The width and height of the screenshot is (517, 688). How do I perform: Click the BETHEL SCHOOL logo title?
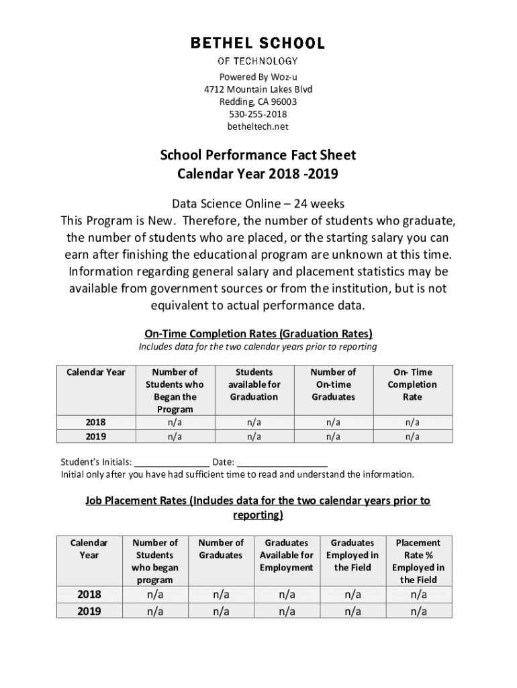click(258, 44)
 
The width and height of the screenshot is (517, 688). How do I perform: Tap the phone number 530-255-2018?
click(258, 114)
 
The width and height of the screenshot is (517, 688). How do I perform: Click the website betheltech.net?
click(258, 126)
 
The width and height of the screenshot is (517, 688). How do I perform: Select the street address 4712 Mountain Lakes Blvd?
click(258, 89)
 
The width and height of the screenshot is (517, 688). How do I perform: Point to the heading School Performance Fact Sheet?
click(258, 155)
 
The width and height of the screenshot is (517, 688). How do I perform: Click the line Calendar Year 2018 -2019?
click(258, 175)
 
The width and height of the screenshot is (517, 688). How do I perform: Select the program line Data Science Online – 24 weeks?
click(258, 204)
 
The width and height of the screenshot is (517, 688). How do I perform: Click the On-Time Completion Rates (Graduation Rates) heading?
click(258, 334)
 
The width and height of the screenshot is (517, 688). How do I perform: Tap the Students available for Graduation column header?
click(254, 384)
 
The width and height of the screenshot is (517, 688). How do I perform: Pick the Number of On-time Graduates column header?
click(333, 384)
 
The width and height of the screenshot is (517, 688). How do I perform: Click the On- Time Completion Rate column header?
click(412, 384)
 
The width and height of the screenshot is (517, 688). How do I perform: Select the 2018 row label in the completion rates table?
click(95, 423)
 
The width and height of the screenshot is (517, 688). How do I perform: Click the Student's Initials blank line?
click(172, 462)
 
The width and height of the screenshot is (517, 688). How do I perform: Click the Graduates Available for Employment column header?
click(287, 555)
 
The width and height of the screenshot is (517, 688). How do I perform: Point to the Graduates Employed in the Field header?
click(352, 555)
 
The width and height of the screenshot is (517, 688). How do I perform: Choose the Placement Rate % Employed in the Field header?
click(418, 561)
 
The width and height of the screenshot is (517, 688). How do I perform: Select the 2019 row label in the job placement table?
click(89, 611)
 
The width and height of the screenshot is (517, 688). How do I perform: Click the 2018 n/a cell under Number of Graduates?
click(221, 595)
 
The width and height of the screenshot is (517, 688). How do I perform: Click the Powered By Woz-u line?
click(258, 77)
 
